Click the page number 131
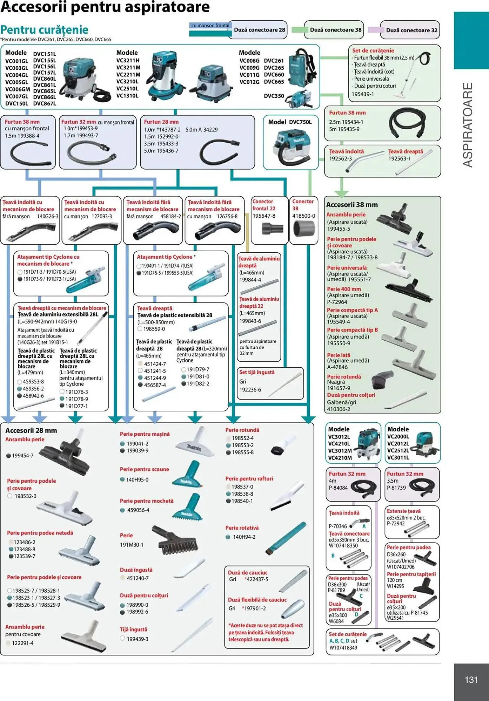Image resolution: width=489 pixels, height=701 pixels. pyautogui.click(x=471, y=680)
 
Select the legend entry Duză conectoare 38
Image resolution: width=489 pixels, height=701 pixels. pyautogui.click(x=335, y=30)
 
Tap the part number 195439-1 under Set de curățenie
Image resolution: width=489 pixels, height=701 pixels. pyautogui.click(x=363, y=94)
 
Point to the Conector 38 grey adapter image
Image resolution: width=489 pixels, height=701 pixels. pyautogui.click(x=304, y=229)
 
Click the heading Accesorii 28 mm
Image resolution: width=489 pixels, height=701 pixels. pyautogui.click(x=31, y=430)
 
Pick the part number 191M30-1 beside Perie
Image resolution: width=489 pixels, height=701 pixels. pyautogui.click(x=132, y=545)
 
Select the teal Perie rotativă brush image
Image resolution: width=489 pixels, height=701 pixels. pyautogui.click(x=286, y=538)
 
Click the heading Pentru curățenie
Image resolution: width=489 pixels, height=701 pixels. pyautogui.click(x=44, y=29)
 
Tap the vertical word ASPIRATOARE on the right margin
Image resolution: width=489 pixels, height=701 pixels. pyautogui.click(x=468, y=125)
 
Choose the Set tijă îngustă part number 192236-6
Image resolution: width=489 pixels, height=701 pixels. pyautogui.click(x=250, y=390)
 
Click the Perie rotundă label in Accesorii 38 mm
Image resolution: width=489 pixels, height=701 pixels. pyautogui.click(x=344, y=376)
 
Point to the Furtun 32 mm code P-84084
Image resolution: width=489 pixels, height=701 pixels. pyautogui.click(x=338, y=488)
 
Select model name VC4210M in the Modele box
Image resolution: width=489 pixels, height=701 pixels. pyautogui.click(x=340, y=458)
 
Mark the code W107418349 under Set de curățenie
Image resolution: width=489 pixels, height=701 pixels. pyautogui.click(x=343, y=648)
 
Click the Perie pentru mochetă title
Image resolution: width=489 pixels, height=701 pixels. pyautogui.click(x=147, y=501)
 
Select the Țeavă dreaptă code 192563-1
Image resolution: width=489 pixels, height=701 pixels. pyautogui.click(x=399, y=158)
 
